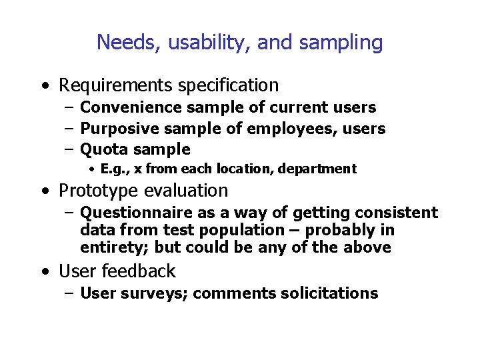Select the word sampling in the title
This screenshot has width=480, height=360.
coord(341,43)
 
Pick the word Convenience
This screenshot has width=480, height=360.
coord(131,107)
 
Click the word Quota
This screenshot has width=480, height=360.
coord(102,149)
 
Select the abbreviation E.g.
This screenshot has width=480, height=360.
coord(113,169)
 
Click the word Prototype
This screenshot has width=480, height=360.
coord(95,191)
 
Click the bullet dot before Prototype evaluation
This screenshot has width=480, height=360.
coord(44,191)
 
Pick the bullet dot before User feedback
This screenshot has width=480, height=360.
coord(44,272)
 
